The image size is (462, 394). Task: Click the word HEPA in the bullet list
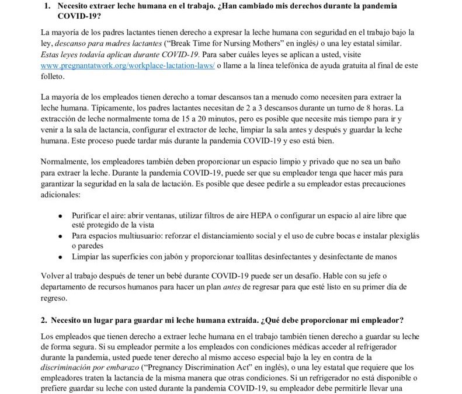tap(251, 215)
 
